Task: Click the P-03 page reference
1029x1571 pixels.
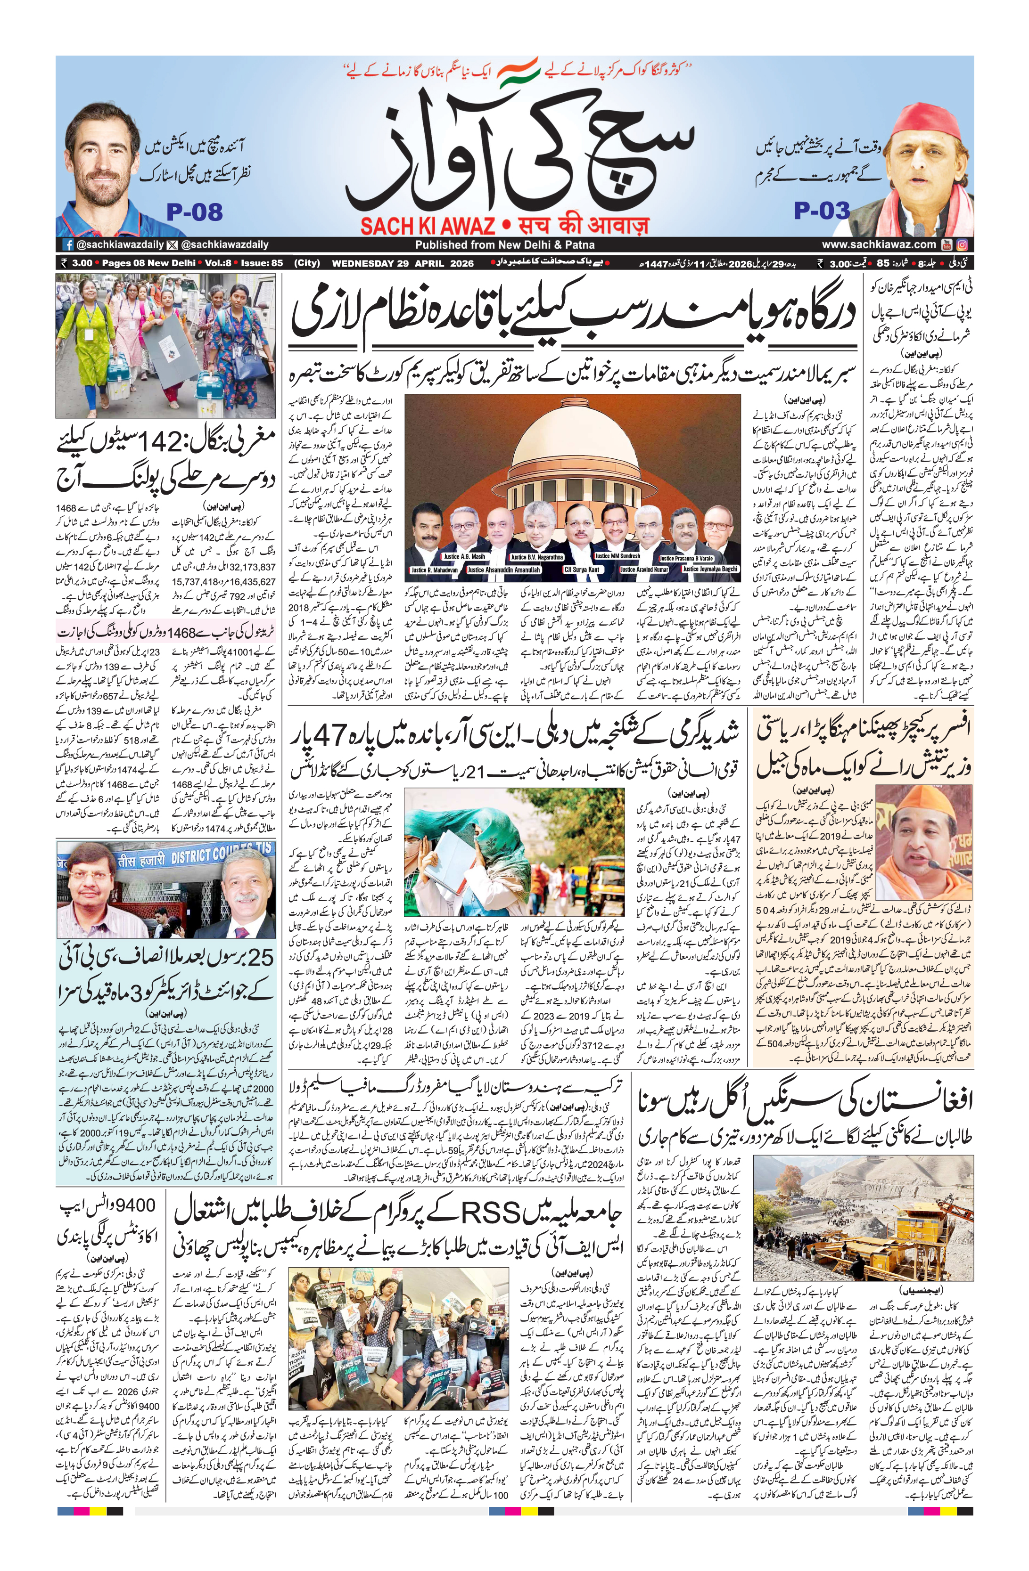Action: (822, 211)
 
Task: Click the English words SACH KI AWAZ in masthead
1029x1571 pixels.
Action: (428, 227)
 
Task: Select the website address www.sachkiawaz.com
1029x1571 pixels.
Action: (879, 245)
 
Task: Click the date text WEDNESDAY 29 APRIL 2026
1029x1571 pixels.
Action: (403, 263)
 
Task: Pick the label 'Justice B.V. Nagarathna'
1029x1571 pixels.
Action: (536, 558)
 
